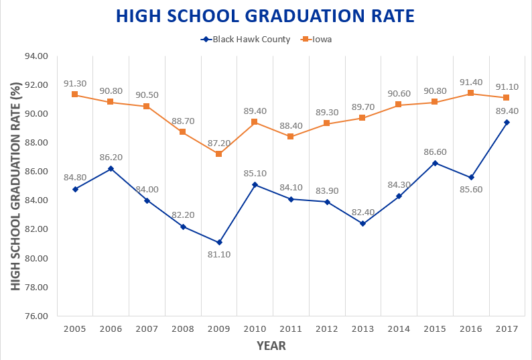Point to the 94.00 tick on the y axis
[35, 56]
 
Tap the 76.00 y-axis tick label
[35, 316]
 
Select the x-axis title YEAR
[271, 346]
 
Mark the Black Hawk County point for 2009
[219, 242]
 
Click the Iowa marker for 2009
[219, 154]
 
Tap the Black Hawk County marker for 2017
[507, 122]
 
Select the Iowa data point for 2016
[471, 93]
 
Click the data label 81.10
[219, 255]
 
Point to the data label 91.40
[471, 80]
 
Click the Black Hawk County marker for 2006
[111, 168]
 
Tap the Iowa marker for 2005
[75, 95]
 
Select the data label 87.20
[219, 141]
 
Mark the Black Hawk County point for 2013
[362, 223]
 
